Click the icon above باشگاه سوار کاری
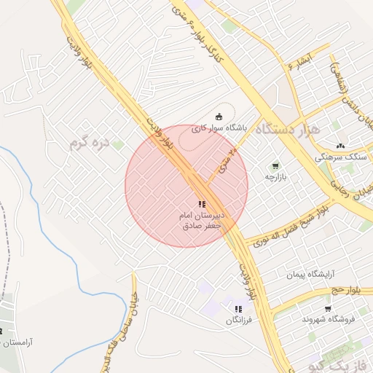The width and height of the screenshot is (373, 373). click(219, 115)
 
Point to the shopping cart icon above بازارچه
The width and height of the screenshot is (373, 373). click(275, 166)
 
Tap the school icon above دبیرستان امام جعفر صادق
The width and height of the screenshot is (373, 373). click(202, 205)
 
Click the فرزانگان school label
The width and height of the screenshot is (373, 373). click(238, 320)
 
